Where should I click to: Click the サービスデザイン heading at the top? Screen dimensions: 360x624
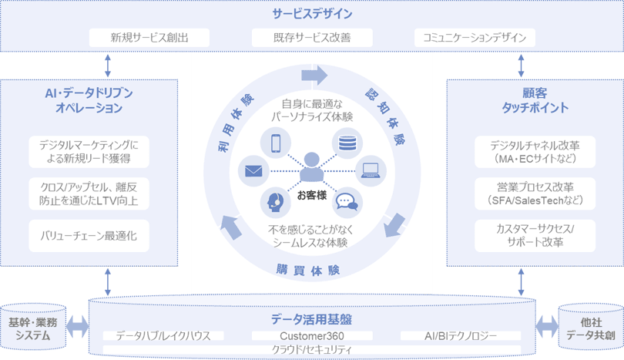pyautogui.click(x=312, y=14)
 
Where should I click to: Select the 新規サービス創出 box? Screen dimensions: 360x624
pyautogui.click(x=149, y=37)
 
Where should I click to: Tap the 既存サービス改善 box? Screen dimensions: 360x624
pyautogui.click(x=312, y=37)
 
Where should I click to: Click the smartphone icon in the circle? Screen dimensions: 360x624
pyautogui.click(x=276, y=143)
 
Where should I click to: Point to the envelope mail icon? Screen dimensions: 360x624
pyautogui.click(x=255, y=172)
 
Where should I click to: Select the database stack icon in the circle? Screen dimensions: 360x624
pyautogui.click(x=346, y=143)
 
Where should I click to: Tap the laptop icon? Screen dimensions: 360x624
pyautogui.click(x=371, y=170)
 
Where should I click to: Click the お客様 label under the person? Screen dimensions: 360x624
pyautogui.click(x=311, y=195)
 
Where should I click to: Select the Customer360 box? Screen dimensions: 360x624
pyautogui.click(x=312, y=336)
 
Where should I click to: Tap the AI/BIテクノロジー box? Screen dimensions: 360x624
pyautogui.click(x=461, y=336)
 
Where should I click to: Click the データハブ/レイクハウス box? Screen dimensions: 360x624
pyautogui.click(x=163, y=336)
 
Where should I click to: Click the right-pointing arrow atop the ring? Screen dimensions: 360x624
pyautogui.click(x=314, y=75)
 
